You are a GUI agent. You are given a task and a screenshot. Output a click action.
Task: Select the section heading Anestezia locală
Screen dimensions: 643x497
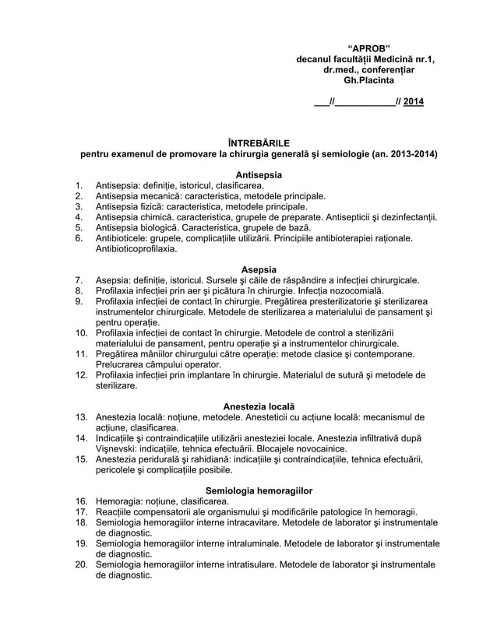point(259,406)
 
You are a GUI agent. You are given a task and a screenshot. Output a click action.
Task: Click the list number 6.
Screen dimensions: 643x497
point(79,239)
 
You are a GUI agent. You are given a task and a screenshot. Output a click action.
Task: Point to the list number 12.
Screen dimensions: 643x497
point(80,375)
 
